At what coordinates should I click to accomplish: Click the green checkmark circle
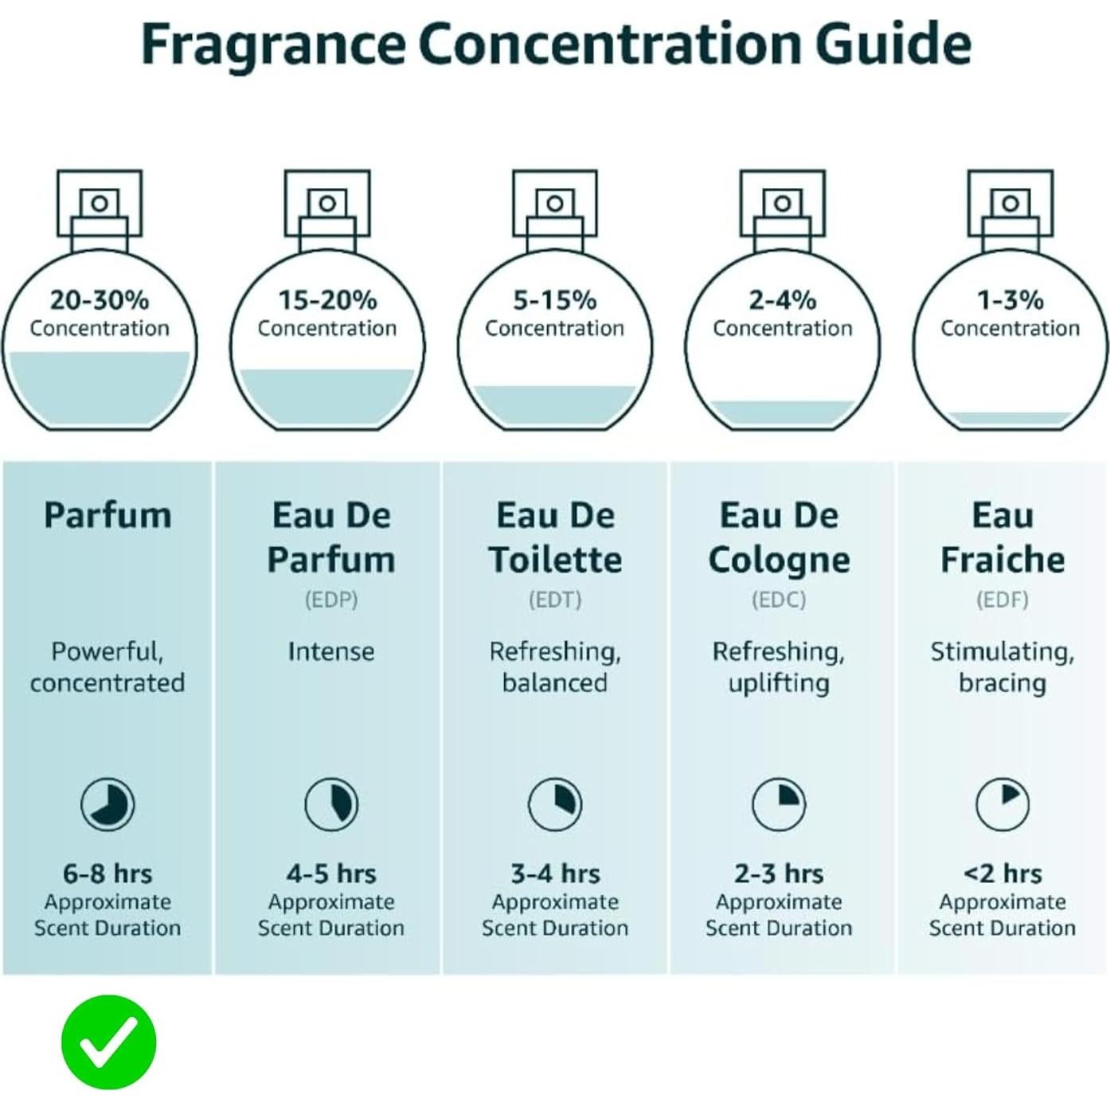108,1042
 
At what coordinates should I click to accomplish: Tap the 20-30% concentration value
100,300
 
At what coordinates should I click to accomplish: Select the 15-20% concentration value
327,300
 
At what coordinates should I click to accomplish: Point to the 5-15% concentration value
555,300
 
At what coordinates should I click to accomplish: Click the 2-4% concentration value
783,300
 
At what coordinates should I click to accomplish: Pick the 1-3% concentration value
1010,300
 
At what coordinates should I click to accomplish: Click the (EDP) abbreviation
331,600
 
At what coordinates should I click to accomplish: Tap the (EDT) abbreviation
555,600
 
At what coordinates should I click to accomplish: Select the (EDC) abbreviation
779,600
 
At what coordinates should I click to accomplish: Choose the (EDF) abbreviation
1003,600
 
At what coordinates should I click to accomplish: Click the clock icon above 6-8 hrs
107,804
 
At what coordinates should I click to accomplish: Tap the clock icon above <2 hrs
1003,804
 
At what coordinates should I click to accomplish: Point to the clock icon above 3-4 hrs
555,804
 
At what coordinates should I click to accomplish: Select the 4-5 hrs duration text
331,874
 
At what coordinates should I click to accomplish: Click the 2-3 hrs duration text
779,874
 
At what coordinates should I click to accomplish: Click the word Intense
331,652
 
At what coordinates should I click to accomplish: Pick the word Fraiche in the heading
1003,560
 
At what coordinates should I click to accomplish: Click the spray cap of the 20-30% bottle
100,204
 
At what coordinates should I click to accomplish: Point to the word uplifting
779,683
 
